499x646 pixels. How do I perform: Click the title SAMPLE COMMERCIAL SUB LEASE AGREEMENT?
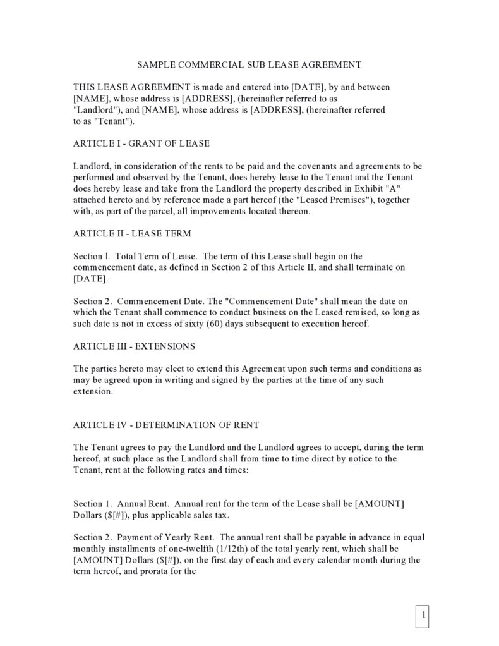249,64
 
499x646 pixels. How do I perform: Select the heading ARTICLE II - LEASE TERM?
132,233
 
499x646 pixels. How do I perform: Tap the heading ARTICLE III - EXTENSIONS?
135,346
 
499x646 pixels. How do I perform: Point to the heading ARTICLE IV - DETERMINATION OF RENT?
166,424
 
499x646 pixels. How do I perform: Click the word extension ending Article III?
93,391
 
